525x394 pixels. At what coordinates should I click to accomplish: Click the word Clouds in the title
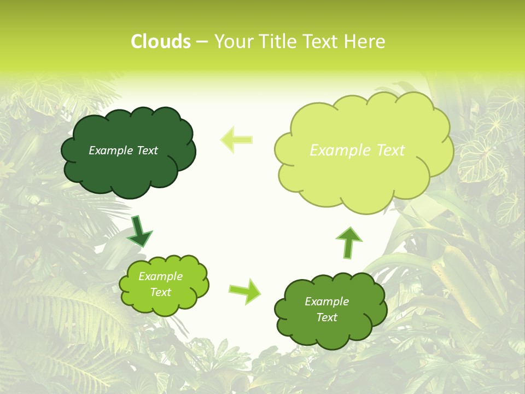point(161,42)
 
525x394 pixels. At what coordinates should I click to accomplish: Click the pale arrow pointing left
point(237,140)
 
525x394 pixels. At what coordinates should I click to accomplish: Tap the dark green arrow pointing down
point(139,230)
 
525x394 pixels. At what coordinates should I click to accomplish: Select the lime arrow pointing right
point(245,291)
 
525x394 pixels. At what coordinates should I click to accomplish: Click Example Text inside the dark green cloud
point(123,150)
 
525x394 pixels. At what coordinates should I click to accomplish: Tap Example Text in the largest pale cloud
point(357,150)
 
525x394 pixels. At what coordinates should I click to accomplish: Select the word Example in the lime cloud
point(160,276)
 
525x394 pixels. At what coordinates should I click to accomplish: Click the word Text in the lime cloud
point(160,292)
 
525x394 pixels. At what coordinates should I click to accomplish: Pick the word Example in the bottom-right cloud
point(326,302)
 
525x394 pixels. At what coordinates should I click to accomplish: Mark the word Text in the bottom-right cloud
point(326,317)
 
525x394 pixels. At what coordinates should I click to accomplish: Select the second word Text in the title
point(323,42)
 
